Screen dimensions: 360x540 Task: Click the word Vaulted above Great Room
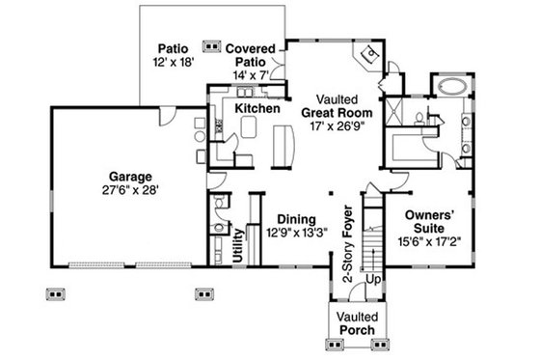click(x=336, y=98)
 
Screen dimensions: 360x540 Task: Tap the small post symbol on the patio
click(x=210, y=44)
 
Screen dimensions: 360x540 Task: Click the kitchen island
click(x=283, y=145)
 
